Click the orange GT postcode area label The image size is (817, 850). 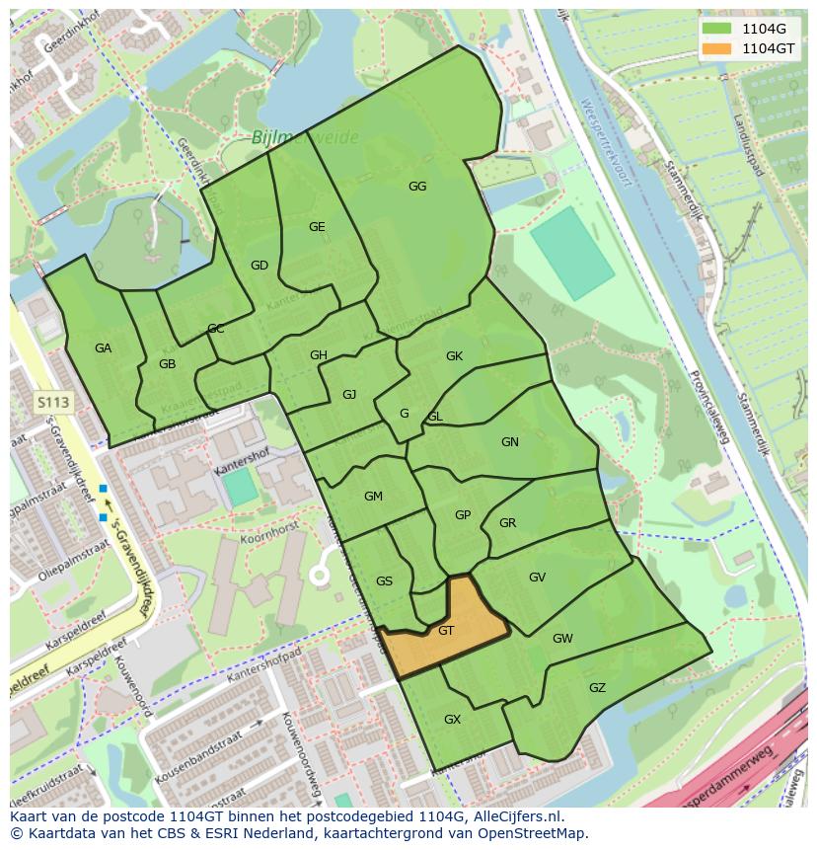tap(446, 630)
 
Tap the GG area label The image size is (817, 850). tap(417, 186)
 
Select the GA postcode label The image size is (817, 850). tap(103, 348)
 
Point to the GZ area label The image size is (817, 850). tap(597, 688)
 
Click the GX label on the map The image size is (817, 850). tap(452, 720)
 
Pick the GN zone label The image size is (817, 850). tap(509, 442)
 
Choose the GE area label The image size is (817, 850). tap(317, 227)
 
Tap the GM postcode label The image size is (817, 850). tap(373, 497)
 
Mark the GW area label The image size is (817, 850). tap(562, 639)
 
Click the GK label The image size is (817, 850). tap(454, 356)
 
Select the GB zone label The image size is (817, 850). tap(167, 364)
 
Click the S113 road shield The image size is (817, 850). tap(53, 402)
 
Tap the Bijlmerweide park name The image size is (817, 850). tap(306, 137)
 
